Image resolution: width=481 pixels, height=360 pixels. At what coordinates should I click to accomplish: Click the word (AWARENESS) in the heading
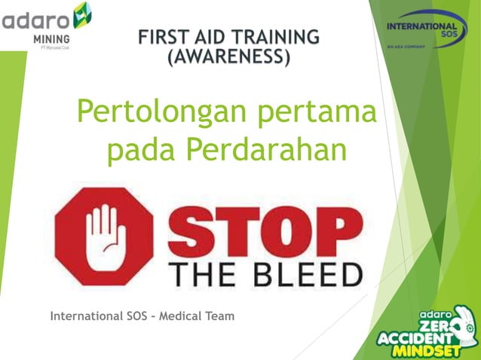click(228, 56)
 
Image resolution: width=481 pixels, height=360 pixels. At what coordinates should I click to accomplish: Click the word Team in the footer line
click(219, 315)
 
